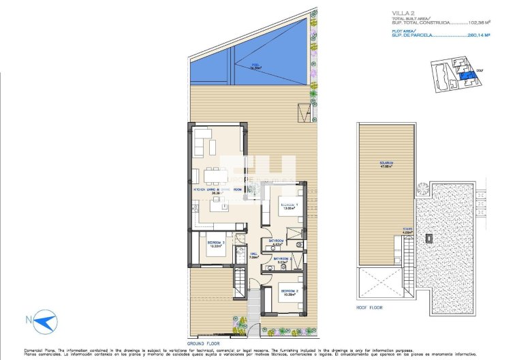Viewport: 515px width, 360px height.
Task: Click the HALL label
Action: click(x=253, y=257)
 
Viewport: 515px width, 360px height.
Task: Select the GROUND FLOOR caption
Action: click(x=204, y=344)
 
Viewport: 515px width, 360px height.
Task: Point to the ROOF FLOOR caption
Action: click(x=371, y=307)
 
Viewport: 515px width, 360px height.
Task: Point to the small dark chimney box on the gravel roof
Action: click(x=430, y=239)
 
